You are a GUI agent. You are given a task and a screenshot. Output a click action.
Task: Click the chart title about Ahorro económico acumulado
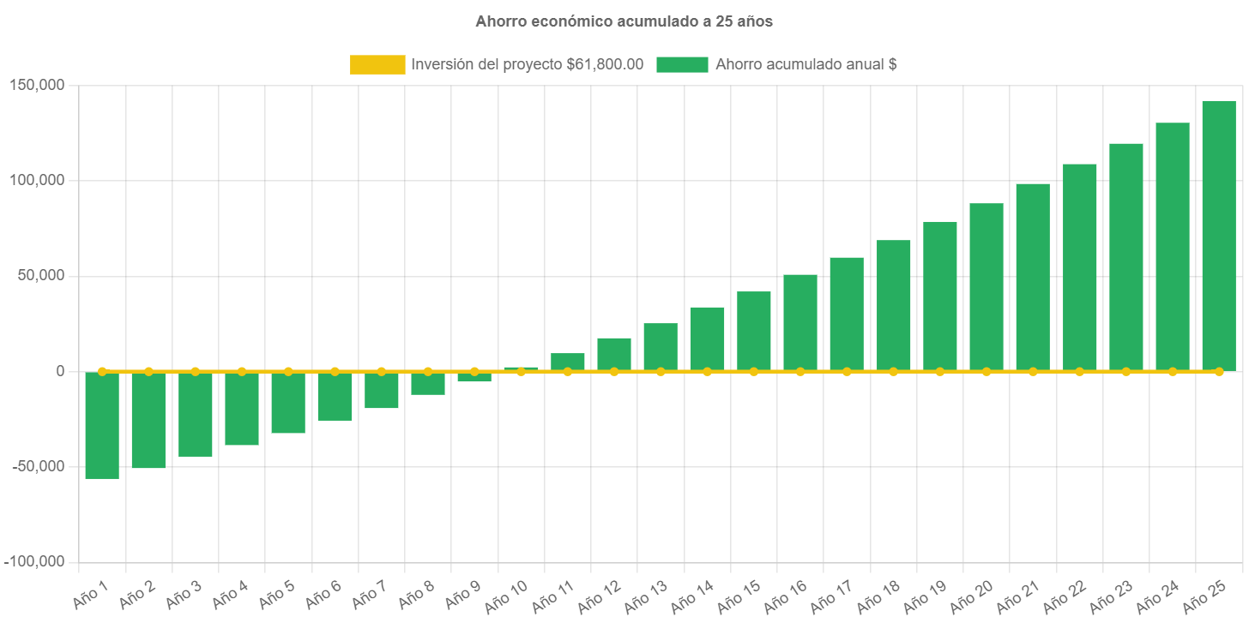tap(624, 21)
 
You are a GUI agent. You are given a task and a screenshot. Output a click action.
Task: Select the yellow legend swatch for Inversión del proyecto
tap(377, 64)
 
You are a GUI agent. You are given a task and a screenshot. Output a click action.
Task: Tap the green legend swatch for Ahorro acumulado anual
tap(682, 64)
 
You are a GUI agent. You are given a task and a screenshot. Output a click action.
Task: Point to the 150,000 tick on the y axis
tap(37, 85)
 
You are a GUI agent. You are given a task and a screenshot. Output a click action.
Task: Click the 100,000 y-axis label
tap(37, 180)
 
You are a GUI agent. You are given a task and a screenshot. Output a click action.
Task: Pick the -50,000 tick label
tap(37, 466)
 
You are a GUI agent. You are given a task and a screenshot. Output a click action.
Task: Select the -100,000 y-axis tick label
tap(34, 561)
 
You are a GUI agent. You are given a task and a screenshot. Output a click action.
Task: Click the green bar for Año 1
tap(102, 425)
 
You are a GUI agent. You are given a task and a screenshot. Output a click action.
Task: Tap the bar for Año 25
tap(1218, 236)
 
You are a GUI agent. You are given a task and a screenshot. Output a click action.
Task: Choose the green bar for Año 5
tap(288, 403)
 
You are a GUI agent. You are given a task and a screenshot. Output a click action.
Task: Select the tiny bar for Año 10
tap(521, 368)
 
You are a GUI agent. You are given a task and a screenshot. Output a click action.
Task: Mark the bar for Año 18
tap(893, 305)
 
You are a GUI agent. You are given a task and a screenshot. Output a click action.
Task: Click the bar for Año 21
tap(1033, 277)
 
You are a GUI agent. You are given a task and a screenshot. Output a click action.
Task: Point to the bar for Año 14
tap(707, 338)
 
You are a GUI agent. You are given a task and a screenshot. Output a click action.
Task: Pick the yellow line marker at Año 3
tap(195, 371)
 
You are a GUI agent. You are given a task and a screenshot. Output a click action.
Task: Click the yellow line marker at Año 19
tap(939, 371)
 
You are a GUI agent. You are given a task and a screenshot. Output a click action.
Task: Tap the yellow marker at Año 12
tap(614, 371)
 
